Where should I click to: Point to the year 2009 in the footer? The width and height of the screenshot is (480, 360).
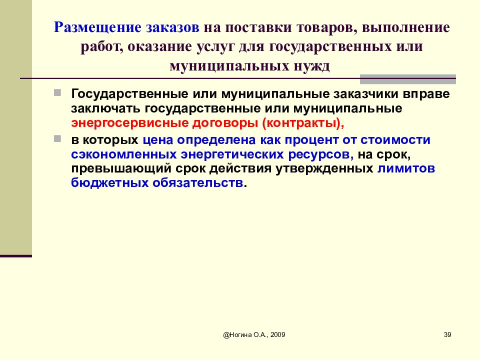(277, 335)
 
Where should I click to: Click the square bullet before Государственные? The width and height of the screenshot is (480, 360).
(58, 93)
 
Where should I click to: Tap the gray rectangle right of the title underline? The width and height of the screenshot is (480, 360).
(408, 79)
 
